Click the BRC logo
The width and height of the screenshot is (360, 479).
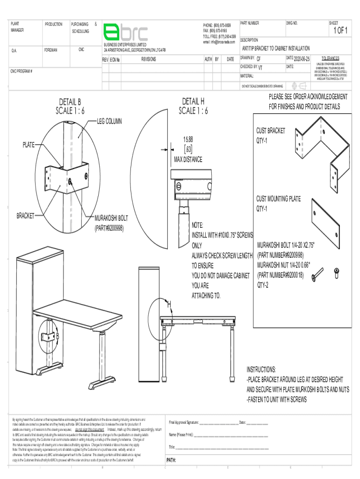[125, 33]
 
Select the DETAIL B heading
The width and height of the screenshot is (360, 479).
[70, 102]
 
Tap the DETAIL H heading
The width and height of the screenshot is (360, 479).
[193, 102]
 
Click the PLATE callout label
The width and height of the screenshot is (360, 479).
[29, 145]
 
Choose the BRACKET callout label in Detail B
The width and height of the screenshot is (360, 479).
[25, 216]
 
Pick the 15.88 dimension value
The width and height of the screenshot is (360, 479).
[188, 140]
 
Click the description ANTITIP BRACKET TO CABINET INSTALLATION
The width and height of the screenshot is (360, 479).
[276, 49]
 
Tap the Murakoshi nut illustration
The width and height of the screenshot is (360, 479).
[336, 272]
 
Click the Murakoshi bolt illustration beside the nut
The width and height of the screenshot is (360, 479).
[317, 275]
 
